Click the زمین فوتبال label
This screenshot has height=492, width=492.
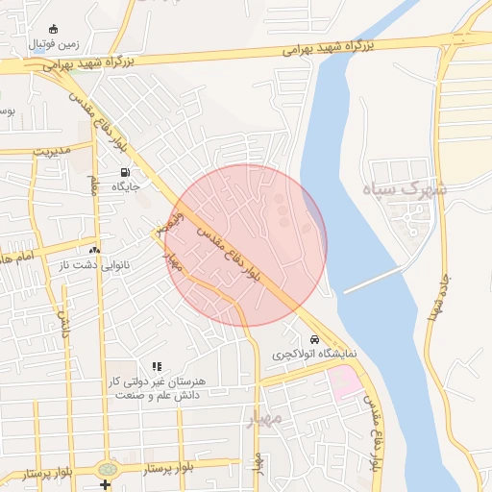click(54, 44)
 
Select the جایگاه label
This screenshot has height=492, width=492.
click(127, 185)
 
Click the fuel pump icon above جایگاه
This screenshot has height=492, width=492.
click(126, 172)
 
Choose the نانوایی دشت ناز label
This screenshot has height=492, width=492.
click(95, 264)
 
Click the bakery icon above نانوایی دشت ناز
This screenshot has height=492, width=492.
click(94, 250)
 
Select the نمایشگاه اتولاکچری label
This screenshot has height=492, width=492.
click(315, 355)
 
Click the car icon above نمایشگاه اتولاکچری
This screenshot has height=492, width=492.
click(314, 340)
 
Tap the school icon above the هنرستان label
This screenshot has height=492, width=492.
click(157, 366)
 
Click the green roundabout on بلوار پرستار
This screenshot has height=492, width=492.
click(105, 468)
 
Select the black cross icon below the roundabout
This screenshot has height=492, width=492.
click(105, 483)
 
